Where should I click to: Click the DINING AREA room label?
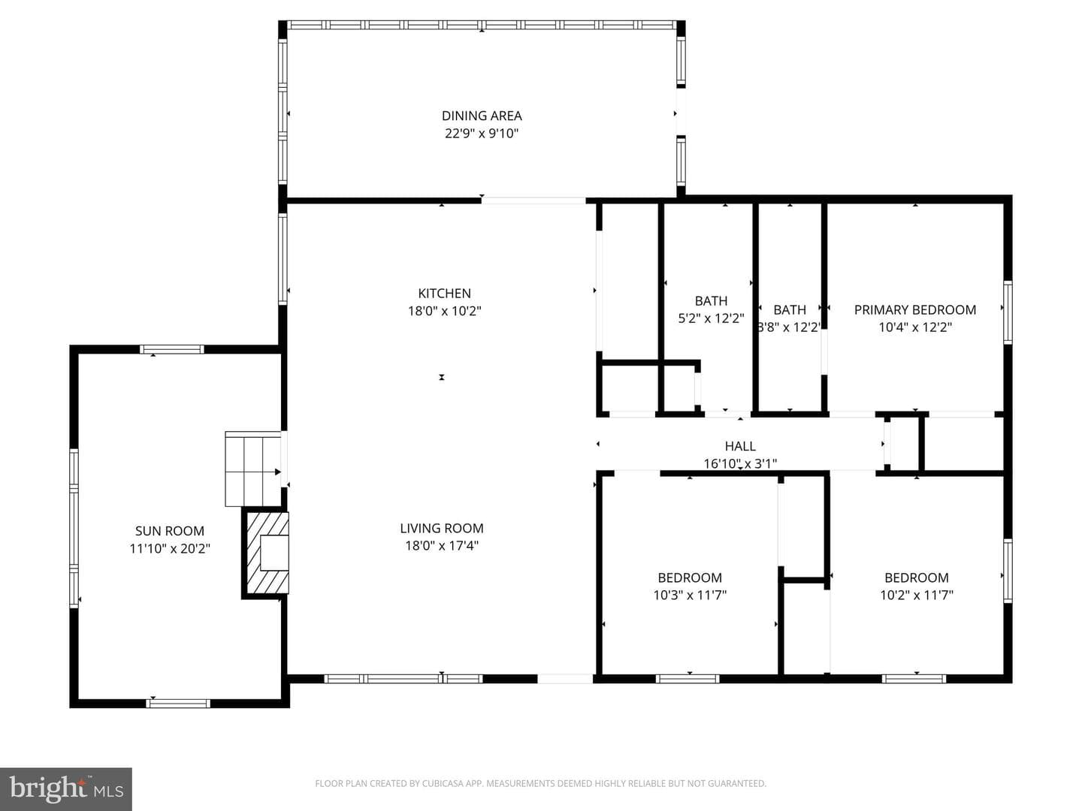tap(482, 116)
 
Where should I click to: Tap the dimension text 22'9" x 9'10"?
tap(482, 134)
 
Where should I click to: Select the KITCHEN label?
tap(444, 294)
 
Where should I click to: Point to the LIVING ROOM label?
tap(442, 529)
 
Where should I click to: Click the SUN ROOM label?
tap(170, 531)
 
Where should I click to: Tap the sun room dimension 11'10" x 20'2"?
tap(170, 548)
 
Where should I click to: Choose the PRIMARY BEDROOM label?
tap(915, 309)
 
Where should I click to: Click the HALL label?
tap(740, 446)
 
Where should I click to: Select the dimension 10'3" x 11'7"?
tap(690, 595)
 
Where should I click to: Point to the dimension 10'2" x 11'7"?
tap(917, 595)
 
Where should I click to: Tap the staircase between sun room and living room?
tap(253, 469)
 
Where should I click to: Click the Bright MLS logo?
tap(66, 788)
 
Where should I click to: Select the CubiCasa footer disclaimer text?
tap(541, 783)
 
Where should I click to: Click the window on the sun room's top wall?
tap(171, 350)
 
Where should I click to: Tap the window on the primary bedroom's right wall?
tap(1008, 312)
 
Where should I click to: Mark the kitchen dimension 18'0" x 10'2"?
tap(444, 311)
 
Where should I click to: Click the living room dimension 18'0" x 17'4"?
tap(442, 546)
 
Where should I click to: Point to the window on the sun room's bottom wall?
tap(178, 704)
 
